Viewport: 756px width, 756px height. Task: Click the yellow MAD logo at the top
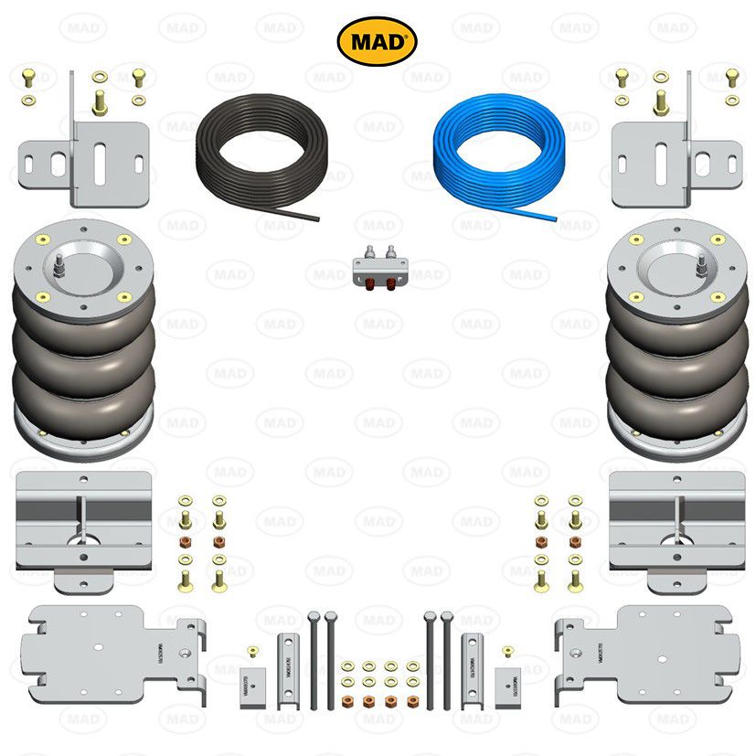click(x=378, y=41)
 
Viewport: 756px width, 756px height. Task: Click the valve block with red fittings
click(x=378, y=269)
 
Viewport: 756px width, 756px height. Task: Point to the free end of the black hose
click(x=315, y=218)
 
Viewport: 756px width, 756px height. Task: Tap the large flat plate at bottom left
click(x=110, y=654)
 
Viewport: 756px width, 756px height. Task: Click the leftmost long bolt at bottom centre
click(x=314, y=658)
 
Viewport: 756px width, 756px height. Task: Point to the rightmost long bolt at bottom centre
click(x=447, y=658)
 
